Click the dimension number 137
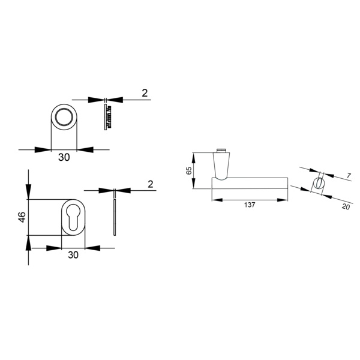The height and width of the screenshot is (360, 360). click(x=250, y=205)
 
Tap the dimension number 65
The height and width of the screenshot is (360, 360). click(x=189, y=170)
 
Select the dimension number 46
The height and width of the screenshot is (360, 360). click(x=22, y=217)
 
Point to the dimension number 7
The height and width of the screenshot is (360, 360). click(x=349, y=176)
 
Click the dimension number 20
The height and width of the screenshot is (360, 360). click(x=346, y=206)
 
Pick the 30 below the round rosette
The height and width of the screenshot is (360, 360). click(x=64, y=157)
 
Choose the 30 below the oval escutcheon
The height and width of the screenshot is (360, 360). click(x=73, y=255)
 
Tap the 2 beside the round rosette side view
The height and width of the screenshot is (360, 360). click(x=145, y=93)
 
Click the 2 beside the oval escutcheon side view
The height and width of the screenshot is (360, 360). click(x=151, y=184)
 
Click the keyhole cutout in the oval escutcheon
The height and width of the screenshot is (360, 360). click(x=73, y=217)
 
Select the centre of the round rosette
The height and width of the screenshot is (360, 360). click(x=64, y=117)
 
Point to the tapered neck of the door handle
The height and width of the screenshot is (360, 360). click(x=221, y=166)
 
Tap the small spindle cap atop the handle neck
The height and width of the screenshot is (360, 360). click(x=221, y=151)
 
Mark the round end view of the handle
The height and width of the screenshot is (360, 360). click(x=319, y=183)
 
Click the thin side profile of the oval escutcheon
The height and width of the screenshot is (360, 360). click(x=115, y=218)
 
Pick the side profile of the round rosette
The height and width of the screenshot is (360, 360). click(x=107, y=117)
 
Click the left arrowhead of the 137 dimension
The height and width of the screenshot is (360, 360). click(x=217, y=200)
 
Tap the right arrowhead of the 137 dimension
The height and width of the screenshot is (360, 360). click(x=282, y=200)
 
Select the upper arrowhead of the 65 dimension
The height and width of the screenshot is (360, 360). click(x=194, y=158)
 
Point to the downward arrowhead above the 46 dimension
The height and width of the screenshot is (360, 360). click(x=28, y=191)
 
